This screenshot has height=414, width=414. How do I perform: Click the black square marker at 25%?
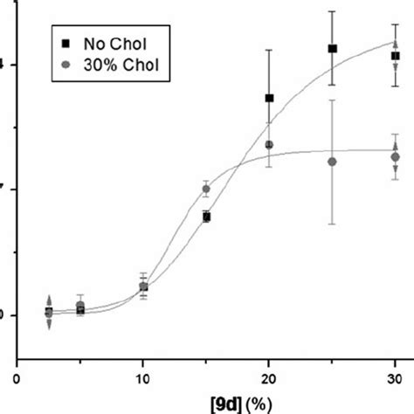[332, 49]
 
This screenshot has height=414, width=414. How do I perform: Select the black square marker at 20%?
[269, 98]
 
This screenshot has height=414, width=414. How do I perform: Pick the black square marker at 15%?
[206, 217]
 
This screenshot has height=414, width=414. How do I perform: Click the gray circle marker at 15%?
[206, 188]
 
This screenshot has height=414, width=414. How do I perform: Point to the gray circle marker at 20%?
[269, 145]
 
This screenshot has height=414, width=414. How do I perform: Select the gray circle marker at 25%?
[332, 162]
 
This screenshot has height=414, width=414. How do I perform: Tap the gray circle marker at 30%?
[395, 157]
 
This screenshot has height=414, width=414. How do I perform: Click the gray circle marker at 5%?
[80, 305]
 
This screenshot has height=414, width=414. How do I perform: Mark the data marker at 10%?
[143, 286]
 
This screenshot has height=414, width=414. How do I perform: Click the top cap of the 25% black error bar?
[332, 11]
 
